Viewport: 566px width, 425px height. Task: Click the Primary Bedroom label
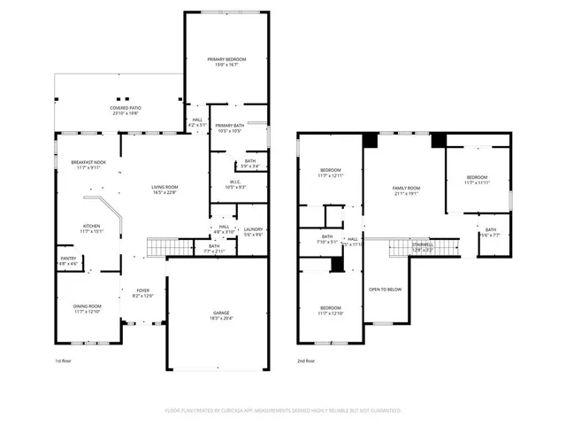coord(226,59)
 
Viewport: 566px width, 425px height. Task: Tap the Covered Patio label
coord(125,108)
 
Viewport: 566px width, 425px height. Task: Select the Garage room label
coord(220,313)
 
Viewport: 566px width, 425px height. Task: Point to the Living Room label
coord(164,187)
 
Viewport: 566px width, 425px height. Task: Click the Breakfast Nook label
coord(89,163)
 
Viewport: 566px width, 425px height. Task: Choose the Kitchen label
coord(92,226)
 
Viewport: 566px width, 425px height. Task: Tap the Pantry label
coord(67,259)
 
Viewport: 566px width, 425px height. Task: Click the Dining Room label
coord(88,305)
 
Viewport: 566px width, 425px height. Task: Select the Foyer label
coord(142,290)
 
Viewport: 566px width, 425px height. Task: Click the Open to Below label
coord(386,290)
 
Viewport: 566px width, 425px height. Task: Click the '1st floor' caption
coord(63,362)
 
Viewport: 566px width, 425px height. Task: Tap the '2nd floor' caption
coord(306,362)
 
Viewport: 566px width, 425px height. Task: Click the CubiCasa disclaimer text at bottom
coord(283,411)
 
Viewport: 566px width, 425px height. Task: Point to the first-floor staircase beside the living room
coord(168,247)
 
